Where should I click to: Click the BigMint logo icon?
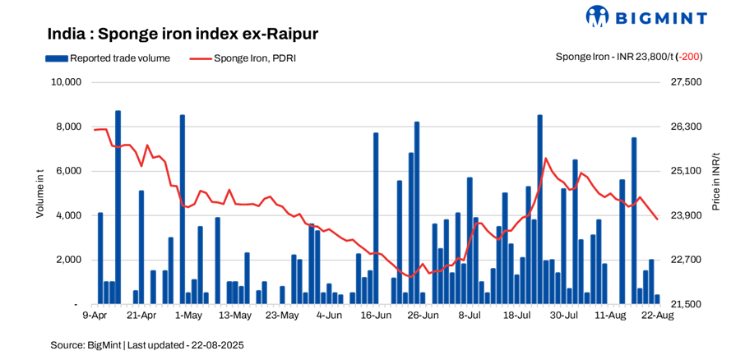[x=597, y=16]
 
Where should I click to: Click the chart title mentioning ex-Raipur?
[x=183, y=35]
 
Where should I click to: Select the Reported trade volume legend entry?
[x=108, y=58]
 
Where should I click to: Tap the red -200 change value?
[x=689, y=57]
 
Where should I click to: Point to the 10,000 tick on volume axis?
[x=65, y=82]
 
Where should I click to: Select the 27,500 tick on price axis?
[x=687, y=82]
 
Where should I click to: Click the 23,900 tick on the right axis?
[x=687, y=215]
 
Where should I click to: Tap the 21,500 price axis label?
[x=687, y=304]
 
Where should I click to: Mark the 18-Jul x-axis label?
[x=516, y=315]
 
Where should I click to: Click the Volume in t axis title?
[x=39, y=192]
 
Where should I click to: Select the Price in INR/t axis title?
[x=715, y=182]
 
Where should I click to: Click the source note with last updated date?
[x=147, y=345]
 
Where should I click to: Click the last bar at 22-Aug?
[x=657, y=299]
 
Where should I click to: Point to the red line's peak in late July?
[x=546, y=158]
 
